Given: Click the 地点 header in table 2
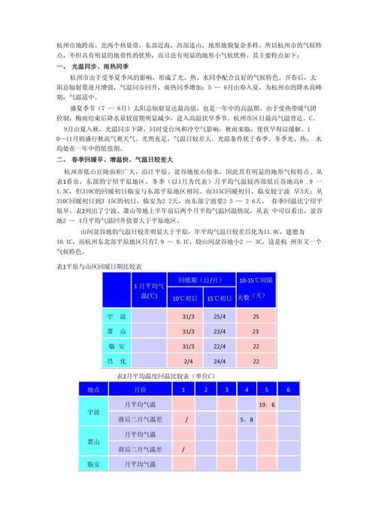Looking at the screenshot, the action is coord(94,390).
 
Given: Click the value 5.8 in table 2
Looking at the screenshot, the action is coord(245,419).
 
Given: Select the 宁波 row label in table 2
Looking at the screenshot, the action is coord(94,412).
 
